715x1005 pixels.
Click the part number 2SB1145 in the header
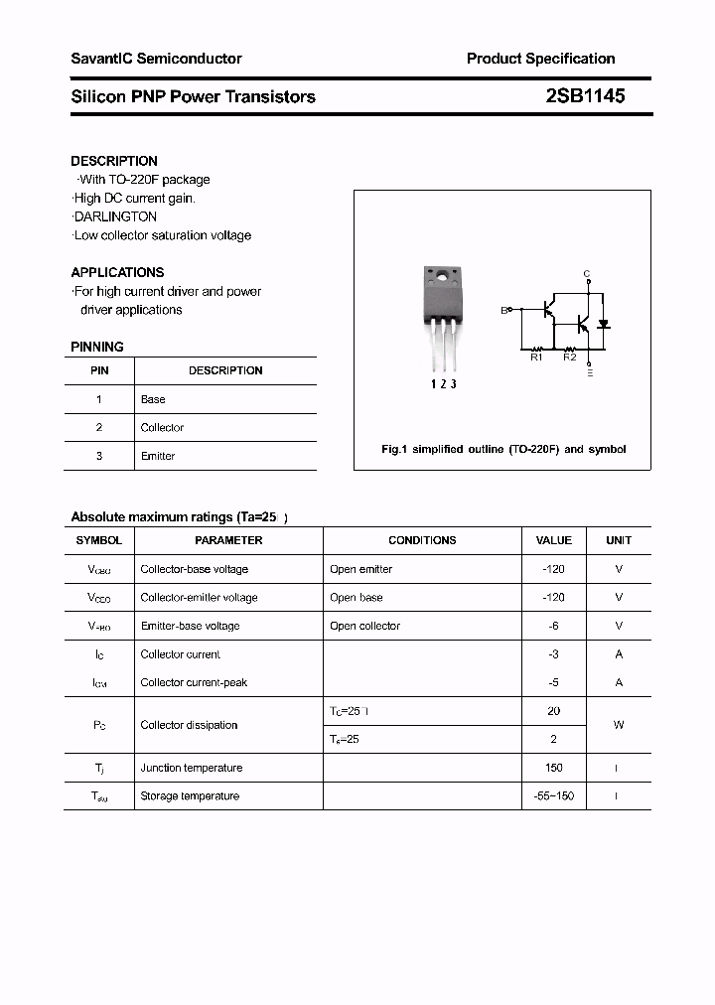tap(585, 96)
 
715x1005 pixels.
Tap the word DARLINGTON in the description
tap(115, 216)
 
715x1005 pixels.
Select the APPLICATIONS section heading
tap(117, 272)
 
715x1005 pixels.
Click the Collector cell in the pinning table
tap(162, 428)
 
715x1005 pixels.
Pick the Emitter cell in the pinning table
tap(158, 456)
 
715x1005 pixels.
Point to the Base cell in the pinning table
tap(153, 399)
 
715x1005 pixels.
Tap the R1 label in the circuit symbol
tap(536, 358)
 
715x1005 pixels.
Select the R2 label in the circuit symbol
tap(570, 358)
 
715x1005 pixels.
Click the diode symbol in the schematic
tap(603, 325)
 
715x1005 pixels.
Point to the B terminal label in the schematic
tap(503, 310)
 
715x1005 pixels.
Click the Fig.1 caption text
tap(503, 450)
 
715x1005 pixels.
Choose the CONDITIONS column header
tap(422, 540)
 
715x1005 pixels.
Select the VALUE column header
tap(553, 540)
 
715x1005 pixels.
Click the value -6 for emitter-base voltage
tap(553, 626)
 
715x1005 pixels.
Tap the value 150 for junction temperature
tap(553, 768)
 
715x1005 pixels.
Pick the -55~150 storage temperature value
tap(553, 796)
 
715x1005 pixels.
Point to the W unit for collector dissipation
tap(618, 725)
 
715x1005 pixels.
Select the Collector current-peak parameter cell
tap(194, 682)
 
